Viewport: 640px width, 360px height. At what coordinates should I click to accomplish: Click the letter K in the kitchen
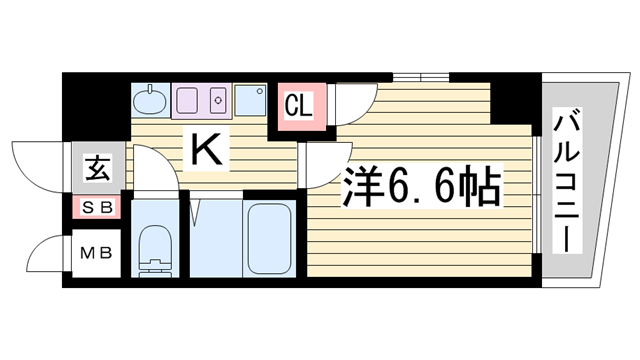click(206, 150)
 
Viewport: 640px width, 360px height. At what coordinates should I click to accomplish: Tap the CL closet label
click(299, 104)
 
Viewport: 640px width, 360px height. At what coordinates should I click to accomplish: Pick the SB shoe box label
click(97, 208)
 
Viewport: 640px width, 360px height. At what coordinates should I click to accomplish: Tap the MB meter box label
click(96, 252)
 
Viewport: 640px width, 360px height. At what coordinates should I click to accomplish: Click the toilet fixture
click(155, 249)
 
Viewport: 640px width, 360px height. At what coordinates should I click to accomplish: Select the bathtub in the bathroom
click(268, 241)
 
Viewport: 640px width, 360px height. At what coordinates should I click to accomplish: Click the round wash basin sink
click(151, 101)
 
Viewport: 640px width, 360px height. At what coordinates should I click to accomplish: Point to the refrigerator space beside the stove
click(250, 101)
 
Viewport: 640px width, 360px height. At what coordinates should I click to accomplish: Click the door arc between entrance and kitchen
click(150, 166)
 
